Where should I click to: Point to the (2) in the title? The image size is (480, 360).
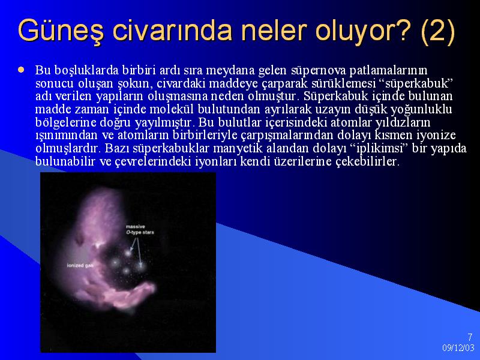pyautogui.click(x=438, y=31)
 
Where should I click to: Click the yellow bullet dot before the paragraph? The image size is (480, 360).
pyautogui.click(x=21, y=70)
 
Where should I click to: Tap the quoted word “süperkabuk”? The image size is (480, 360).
pyautogui.click(x=418, y=83)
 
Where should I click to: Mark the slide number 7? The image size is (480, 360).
pyautogui.click(x=470, y=337)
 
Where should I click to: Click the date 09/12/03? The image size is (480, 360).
pyautogui.click(x=458, y=347)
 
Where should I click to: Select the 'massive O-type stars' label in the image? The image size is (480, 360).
pyautogui.click(x=140, y=230)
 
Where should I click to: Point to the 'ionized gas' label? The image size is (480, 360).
pyautogui.click(x=80, y=265)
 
